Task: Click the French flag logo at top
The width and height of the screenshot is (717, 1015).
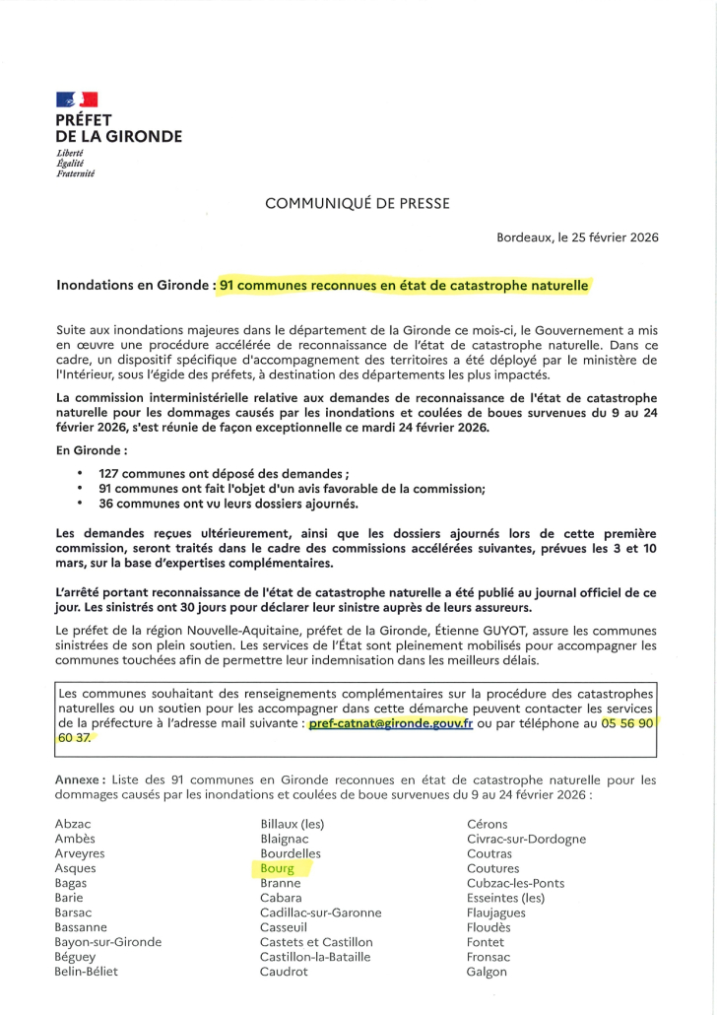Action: click(77, 100)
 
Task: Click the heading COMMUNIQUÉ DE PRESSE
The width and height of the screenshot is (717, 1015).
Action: click(358, 203)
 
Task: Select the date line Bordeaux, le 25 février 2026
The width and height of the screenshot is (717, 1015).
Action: click(577, 237)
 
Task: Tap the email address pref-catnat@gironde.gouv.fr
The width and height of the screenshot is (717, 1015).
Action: click(391, 723)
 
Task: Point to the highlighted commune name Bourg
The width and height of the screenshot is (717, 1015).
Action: click(278, 869)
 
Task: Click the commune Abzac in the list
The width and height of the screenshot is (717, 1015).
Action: click(74, 824)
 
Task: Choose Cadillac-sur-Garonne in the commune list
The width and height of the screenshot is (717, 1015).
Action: click(320, 913)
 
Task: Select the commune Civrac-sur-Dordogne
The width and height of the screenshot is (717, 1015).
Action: click(526, 840)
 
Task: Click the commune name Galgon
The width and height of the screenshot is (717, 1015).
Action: click(487, 973)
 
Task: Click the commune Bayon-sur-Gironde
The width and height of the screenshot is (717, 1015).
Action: click(108, 943)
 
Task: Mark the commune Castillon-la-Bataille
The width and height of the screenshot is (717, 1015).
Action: click(315, 958)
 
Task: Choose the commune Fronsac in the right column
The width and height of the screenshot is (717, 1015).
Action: click(489, 958)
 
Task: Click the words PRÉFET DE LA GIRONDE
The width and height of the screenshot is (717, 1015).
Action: click(118, 129)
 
